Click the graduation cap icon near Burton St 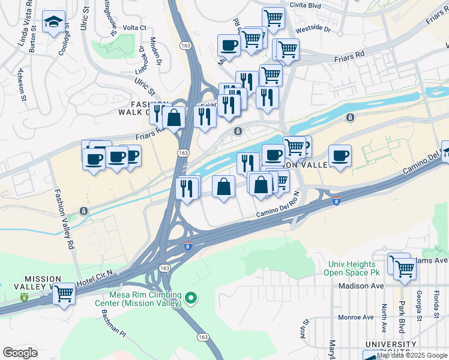54,23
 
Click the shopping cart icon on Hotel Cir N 64,294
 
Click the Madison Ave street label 360,286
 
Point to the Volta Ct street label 134,28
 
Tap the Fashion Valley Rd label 64,220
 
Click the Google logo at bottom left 20,353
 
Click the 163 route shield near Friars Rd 182,154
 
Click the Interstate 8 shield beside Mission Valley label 24,297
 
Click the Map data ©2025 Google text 411,355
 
